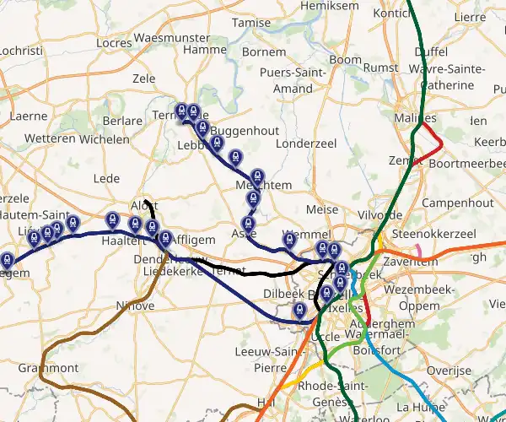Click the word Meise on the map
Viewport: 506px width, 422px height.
[x=322, y=209]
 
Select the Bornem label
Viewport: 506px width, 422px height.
[x=264, y=51]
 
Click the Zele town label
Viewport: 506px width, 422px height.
[x=144, y=78]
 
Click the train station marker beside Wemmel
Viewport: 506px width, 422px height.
[x=289, y=240]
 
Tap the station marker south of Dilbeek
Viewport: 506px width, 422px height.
[x=299, y=311]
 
